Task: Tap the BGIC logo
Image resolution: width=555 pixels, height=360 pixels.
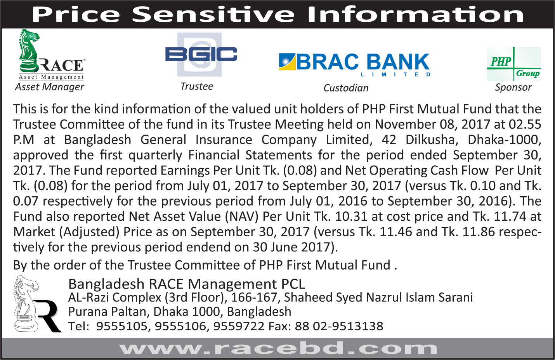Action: [201, 54]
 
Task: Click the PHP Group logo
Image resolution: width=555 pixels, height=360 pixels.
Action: [514, 64]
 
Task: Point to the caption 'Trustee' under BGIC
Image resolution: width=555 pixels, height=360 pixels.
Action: [197, 87]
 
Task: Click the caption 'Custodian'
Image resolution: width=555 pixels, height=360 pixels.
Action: [346, 88]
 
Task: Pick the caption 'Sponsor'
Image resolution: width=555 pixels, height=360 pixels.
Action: [513, 87]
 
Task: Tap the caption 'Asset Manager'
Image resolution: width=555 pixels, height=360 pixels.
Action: [49, 87]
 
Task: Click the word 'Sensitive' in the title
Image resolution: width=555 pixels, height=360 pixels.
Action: [213, 14]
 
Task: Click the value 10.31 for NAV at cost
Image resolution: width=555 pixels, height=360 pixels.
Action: [351, 216]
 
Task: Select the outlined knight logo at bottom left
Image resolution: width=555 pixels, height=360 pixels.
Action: [37, 304]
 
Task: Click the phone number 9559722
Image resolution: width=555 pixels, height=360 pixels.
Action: [239, 326]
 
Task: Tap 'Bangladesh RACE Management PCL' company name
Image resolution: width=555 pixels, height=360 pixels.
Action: [187, 284]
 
